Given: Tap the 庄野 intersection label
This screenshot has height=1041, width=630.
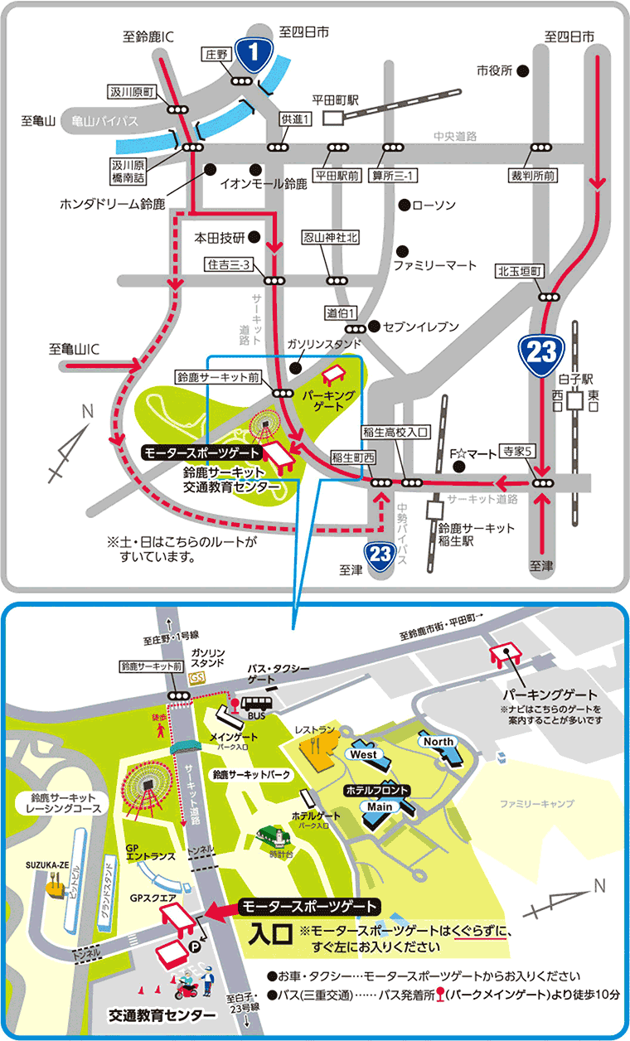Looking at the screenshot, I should (216, 54).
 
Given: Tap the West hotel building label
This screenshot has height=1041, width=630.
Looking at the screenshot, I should (363, 754).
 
